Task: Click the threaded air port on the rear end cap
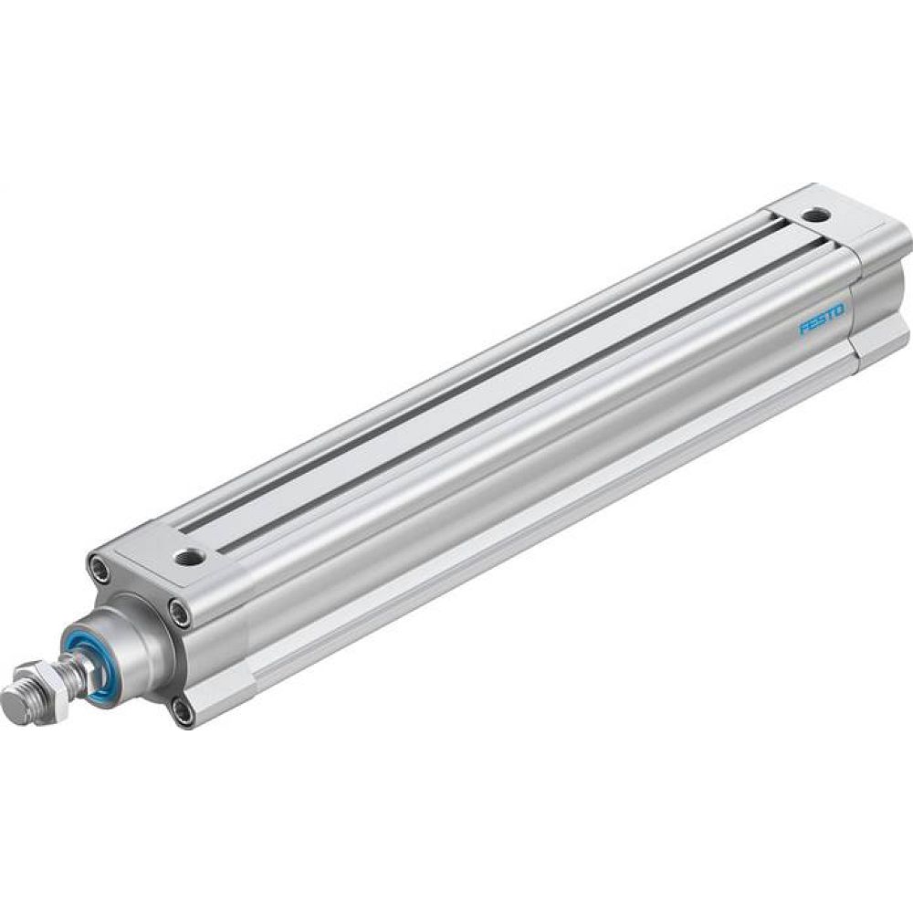(x=813, y=215)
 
